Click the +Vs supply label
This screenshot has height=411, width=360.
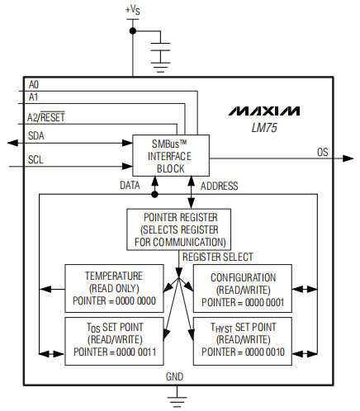click(x=132, y=9)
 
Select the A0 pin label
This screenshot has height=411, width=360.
click(x=33, y=84)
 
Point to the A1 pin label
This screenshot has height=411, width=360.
click(x=33, y=97)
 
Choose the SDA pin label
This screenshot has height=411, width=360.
click(x=36, y=135)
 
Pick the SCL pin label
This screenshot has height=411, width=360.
click(x=36, y=159)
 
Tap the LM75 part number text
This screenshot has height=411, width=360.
click(x=265, y=128)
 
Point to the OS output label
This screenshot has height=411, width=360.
click(x=323, y=152)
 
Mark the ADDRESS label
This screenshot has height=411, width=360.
click(x=220, y=187)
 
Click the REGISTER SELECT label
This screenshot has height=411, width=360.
click(x=217, y=257)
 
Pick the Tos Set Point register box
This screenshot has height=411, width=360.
click(x=113, y=341)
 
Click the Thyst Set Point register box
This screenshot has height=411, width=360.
click(x=243, y=341)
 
